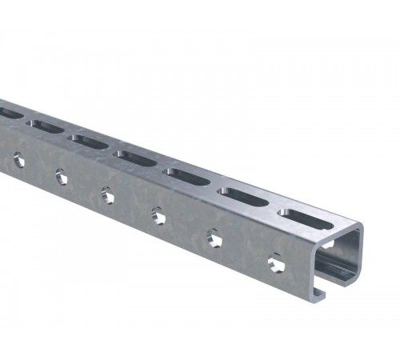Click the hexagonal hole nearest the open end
coord(275,260)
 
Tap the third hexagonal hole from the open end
coord(159,214)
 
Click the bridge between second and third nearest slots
coord(214,183)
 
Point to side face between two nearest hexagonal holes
coord(245,248)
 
